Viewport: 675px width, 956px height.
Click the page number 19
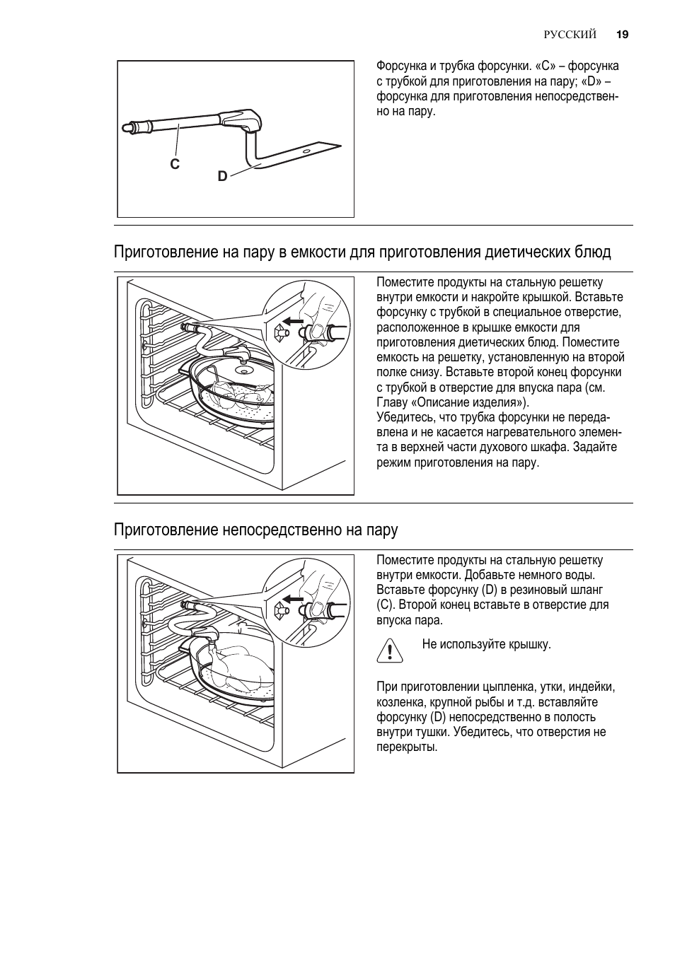tap(623, 35)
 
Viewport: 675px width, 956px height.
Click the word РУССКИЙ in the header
tap(570, 35)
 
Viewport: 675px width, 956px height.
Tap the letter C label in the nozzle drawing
tap(175, 164)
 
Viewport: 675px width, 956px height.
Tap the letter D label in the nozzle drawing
tap(222, 176)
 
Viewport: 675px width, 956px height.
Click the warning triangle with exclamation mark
tap(390, 651)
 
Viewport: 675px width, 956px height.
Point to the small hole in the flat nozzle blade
tap(306, 151)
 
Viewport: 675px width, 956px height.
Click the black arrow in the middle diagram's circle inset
tap(293, 321)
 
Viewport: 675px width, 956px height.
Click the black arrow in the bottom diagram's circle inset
tap(293, 599)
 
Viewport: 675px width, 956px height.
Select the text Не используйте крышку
tap(486, 644)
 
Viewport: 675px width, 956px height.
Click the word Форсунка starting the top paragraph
tap(401, 66)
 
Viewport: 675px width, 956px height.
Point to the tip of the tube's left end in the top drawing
tap(122, 127)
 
